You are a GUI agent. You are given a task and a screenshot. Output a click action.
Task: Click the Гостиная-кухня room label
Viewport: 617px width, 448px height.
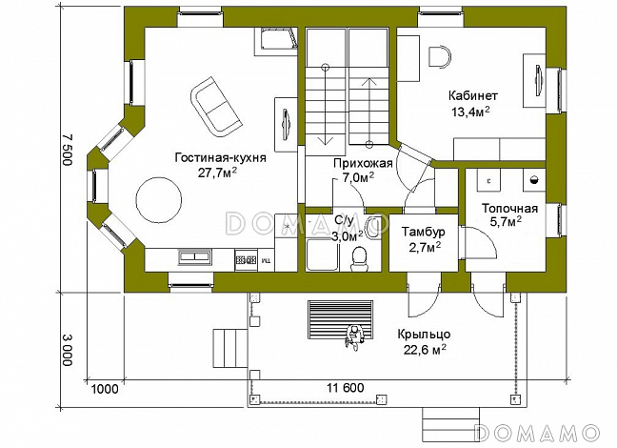[221, 158]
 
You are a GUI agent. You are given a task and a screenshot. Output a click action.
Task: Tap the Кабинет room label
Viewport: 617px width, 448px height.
[473, 95]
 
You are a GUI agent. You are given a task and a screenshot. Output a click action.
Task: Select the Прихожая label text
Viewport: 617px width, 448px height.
[363, 163]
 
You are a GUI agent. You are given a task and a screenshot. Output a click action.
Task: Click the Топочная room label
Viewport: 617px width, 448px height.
[510, 208]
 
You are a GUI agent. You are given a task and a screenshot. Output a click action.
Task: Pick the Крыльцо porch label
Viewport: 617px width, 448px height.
[424, 335]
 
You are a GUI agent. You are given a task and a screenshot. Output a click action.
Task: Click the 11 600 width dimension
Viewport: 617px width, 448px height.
[346, 388]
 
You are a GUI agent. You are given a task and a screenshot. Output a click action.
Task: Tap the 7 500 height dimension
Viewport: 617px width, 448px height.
[68, 150]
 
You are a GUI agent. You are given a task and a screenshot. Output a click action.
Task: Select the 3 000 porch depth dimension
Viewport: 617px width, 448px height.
[68, 350]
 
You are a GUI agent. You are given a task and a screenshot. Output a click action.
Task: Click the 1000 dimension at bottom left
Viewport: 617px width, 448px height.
[105, 389]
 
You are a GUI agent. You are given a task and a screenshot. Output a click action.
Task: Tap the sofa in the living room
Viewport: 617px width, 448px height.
[215, 107]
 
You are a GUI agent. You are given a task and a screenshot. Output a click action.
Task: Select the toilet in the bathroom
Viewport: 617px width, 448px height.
[359, 259]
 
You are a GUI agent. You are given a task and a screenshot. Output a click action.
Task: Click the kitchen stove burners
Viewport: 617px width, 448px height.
[246, 259]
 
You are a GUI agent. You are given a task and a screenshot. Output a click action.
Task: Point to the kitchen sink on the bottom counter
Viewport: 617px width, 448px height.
[194, 256]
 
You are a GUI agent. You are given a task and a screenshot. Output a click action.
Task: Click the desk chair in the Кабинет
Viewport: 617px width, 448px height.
[440, 57]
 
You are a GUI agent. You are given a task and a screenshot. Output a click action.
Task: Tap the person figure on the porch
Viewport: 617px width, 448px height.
[354, 336]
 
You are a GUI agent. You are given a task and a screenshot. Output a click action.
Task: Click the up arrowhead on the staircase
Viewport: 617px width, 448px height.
[368, 82]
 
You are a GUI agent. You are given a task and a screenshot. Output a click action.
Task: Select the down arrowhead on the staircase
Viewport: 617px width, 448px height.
[326, 141]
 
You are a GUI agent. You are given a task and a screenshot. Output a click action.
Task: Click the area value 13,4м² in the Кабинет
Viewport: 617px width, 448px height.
[470, 112]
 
